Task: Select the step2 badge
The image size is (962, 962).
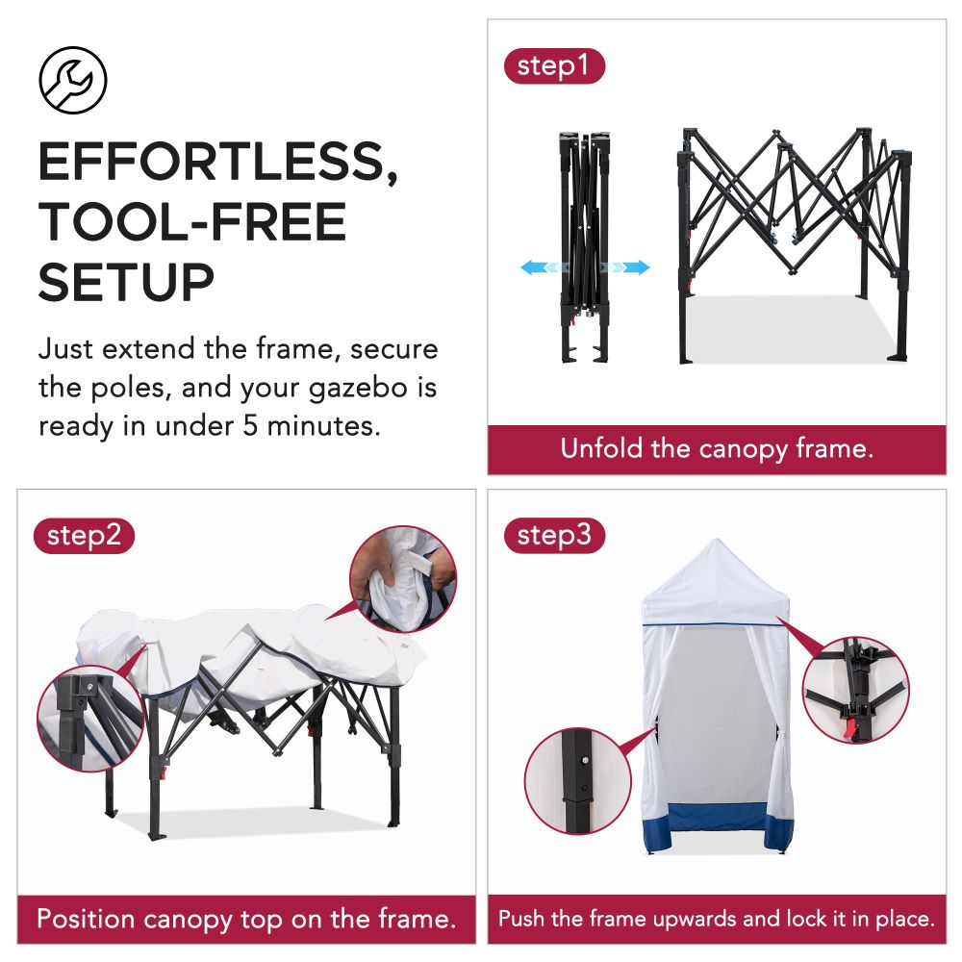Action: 84,536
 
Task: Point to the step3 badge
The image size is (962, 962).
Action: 554,536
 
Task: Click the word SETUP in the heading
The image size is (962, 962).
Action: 126,283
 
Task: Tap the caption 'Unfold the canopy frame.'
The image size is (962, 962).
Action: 717,449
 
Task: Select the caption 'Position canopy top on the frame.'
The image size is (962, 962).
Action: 245,918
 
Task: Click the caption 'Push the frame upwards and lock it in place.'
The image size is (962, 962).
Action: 717,918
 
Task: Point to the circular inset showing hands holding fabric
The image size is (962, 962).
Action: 402,577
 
